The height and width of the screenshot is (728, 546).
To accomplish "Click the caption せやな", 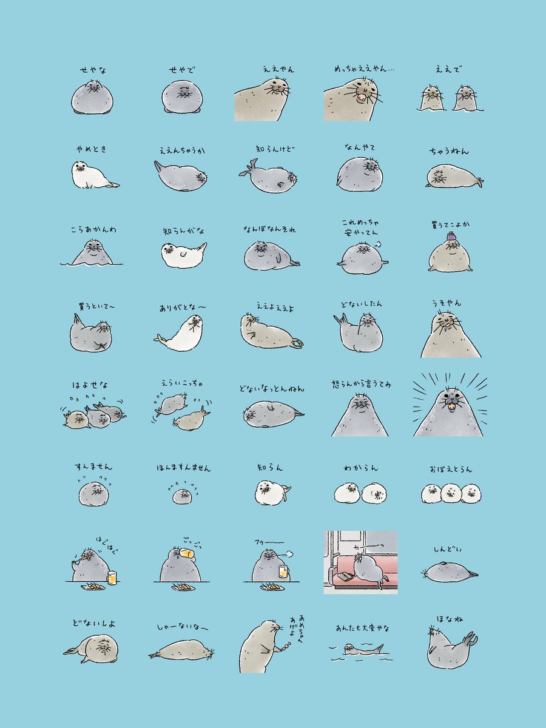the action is click(93, 70).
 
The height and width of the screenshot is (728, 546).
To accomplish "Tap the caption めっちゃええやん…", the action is click(364, 69).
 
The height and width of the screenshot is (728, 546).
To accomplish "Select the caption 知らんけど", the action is click(275, 149).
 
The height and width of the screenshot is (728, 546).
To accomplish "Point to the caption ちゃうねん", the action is click(449, 151).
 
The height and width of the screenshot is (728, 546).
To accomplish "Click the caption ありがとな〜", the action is click(183, 308).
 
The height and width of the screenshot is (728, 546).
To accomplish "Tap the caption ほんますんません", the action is click(183, 468).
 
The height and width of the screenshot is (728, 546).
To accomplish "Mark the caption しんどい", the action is click(448, 549).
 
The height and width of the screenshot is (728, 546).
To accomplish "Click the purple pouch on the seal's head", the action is click(451, 237).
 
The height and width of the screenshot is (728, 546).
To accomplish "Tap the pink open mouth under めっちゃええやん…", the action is click(362, 97).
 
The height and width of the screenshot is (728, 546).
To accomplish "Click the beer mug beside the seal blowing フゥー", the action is click(283, 571).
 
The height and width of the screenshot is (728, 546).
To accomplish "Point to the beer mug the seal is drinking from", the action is click(187, 553).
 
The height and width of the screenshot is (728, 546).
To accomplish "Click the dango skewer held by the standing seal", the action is click(286, 645).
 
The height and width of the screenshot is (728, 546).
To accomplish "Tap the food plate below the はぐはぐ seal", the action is click(93, 587).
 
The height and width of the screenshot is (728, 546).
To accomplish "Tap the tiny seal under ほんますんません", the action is click(181, 496).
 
